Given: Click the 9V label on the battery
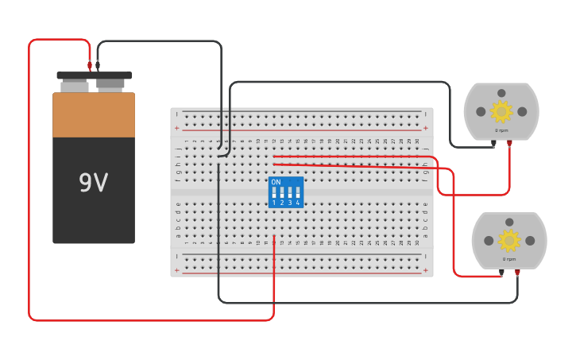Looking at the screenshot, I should [93, 184].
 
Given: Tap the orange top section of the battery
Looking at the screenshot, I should [94, 115].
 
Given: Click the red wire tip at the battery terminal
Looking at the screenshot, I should [90, 67].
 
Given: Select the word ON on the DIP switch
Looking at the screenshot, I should [276, 183].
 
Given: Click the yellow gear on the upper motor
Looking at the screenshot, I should [501, 110].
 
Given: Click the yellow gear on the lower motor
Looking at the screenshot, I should [508, 239].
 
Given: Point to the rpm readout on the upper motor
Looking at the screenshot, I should [501, 130].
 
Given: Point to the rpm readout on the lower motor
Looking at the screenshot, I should [509, 259].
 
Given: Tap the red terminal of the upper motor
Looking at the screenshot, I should [509, 144].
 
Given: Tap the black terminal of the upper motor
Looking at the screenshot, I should [493, 144].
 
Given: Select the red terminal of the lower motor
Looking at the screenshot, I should [517, 273].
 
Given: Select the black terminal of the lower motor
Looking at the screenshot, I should [501, 273].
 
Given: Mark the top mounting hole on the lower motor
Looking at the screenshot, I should [509, 223].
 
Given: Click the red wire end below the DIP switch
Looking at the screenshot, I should [274, 237].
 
